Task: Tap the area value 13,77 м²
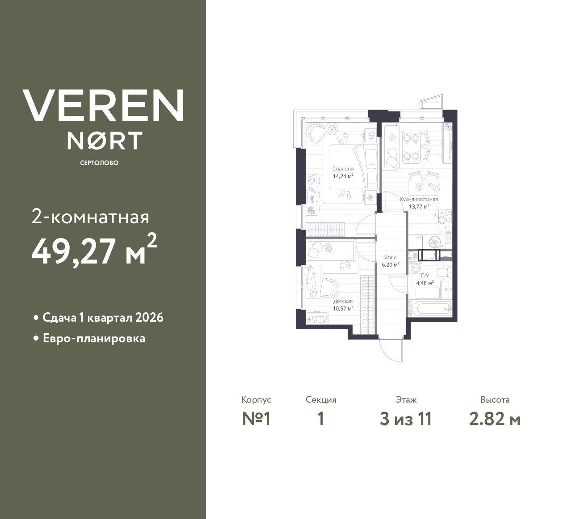coord(419,206)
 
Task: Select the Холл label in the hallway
coord(391,258)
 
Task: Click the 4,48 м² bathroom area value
coord(425,283)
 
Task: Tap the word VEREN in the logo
coord(103,106)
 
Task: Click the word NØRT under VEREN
coord(105,140)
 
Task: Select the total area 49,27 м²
coord(94,250)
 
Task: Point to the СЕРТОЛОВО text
coord(99,163)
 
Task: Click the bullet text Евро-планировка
coord(94,339)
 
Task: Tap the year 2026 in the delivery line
coord(149,318)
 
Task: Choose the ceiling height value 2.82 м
coord(495,420)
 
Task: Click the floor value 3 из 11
coord(406,419)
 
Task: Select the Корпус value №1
coord(256,419)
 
